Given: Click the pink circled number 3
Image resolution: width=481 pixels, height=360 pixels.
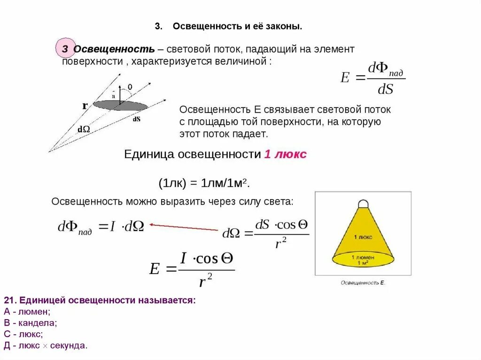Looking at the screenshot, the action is pyautogui.click(x=65, y=49).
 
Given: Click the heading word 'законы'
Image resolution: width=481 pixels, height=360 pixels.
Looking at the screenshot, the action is pyautogui.click(x=284, y=27).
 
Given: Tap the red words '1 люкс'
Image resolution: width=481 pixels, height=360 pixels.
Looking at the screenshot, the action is pyautogui.click(x=285, y=154).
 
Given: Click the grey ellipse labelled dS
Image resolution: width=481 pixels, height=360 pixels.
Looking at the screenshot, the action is pyautogui.click(x=120, y=106).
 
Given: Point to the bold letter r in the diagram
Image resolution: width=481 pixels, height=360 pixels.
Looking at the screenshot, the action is pyautogui.click(x=85, y=106).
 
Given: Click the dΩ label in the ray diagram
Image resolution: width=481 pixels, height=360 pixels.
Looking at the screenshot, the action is pyautogui.click(x=84, y=129).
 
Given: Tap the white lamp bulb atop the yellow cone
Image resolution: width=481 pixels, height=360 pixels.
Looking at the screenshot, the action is pyautogui.click(x=363, y=203).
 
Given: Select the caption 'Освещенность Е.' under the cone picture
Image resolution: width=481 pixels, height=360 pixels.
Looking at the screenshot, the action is pyautogui.click(x=363, y=283).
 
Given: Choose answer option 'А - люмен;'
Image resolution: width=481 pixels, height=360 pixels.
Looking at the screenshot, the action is pyautogui.click(x=27, y=312).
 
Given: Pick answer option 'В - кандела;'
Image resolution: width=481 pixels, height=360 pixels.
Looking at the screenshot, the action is pyautogui.click(x=30, y=323).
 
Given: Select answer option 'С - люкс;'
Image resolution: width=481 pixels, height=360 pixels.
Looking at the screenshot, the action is pyautogui.click(x=23, y=334).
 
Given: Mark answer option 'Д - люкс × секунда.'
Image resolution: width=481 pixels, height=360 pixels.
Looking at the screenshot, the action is pyautogui.click(x=46, y=345).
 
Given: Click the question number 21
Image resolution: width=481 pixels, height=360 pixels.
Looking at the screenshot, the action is pyautogui.click(x=10, y=300).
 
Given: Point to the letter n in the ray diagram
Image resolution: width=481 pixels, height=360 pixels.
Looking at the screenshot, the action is pyautogui.click(x=113, y=96).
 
